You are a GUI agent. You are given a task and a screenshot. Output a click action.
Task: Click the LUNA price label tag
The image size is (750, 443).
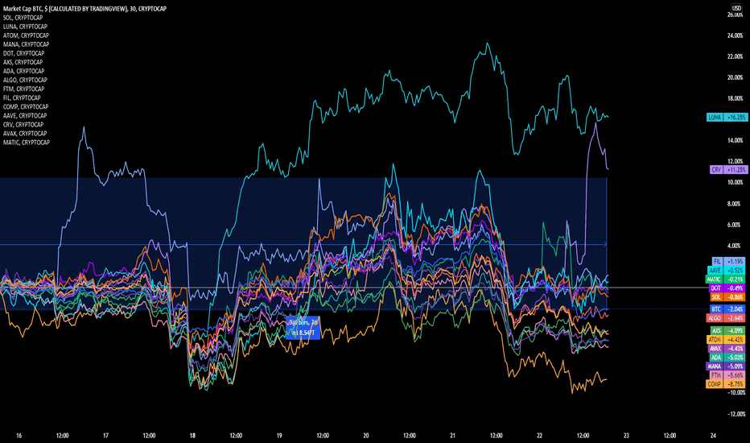[727, 117]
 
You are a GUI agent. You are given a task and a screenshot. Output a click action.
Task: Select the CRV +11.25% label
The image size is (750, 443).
[727, 170]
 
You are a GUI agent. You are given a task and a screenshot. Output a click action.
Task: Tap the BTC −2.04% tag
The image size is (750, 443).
[727, 308]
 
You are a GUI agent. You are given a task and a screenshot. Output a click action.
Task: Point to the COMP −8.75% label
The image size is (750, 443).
[727, 384]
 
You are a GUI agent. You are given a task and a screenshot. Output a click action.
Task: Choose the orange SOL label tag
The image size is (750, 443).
[727, 297]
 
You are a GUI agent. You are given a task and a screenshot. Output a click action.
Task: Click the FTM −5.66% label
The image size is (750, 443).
[727, 375]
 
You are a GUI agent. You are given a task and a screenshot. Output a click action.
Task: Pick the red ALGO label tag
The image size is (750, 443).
[727, 318]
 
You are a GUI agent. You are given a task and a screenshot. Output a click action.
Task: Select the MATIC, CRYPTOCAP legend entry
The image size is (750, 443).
[27, 143]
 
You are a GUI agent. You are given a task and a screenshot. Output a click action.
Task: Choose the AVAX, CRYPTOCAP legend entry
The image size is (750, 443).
[26, 134]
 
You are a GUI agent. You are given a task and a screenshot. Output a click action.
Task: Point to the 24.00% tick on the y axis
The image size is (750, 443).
[735, 35]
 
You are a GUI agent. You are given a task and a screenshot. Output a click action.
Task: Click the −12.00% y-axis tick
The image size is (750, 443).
[733, 413]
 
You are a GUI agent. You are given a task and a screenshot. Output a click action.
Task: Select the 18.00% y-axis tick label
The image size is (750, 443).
[735, 98]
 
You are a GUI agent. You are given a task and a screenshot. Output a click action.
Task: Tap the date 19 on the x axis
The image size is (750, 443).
[278, 435]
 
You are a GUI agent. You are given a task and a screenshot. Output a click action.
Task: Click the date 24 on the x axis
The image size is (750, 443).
[713, 435]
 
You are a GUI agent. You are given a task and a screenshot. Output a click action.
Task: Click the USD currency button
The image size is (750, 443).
[736, 7]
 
